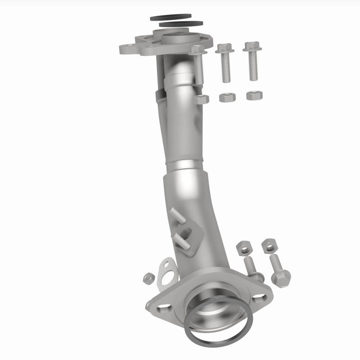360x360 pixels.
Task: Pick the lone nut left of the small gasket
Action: [x=148, y=279]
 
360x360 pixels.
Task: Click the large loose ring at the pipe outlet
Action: [x=216, y=319]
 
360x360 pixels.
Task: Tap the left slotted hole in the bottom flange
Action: [x=163, y=306]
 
